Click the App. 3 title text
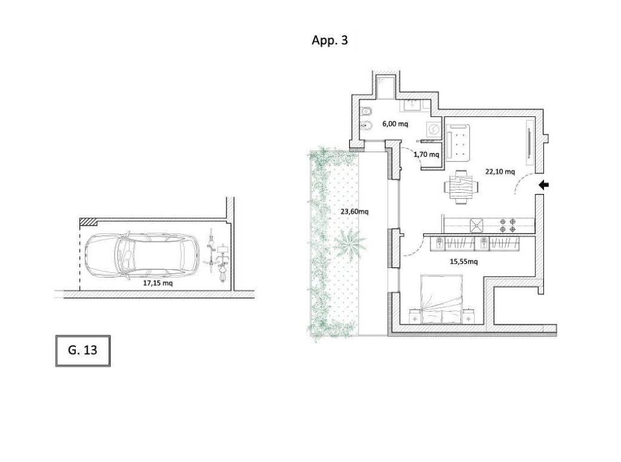pos(329,41)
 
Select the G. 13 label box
pos(82,351)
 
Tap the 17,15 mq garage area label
pos(158,283)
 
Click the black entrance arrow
pos(544,184)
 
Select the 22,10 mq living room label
pos(500,172)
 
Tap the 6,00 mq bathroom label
pos(395,124)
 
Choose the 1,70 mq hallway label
pos(426,155)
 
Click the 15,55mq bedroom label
pos(463,261)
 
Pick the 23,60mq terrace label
pos(354,212)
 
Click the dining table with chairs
pos(461,187)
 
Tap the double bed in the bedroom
pos(442,299)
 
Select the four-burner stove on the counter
pos(508,226)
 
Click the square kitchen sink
pos(477,226)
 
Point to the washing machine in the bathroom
pos(434,130)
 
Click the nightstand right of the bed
pos(469,317)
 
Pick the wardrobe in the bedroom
pos(474,243)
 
